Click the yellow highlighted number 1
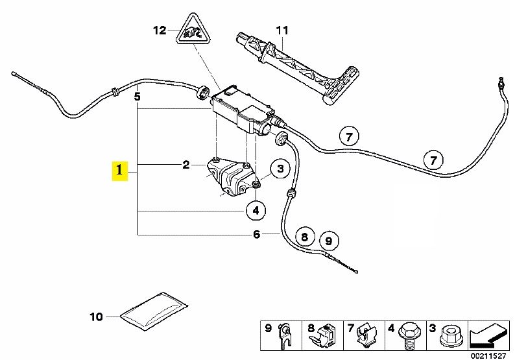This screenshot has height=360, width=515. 119,172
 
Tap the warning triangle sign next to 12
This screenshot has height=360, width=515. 192,30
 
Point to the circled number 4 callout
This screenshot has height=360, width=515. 256,210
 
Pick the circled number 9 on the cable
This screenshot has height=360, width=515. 328,241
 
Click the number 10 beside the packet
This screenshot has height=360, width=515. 96,317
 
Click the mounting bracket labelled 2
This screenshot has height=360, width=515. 229,176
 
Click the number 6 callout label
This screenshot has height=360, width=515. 256,234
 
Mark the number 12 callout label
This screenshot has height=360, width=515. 160,30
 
